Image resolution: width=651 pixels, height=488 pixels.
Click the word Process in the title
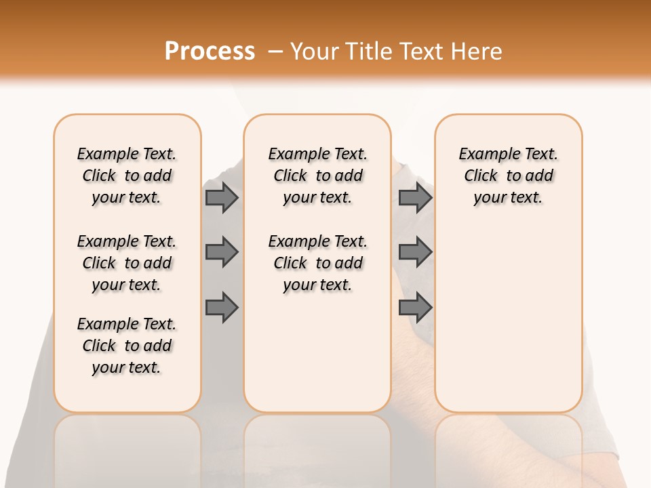pyautogui.click(x=210, y=52)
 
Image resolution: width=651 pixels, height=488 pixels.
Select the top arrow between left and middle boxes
pyautogui.click(x=222, y=197)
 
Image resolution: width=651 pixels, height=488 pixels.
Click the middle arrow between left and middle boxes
pyautogui.click(x=222, y=252)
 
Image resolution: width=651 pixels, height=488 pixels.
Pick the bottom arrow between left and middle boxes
pyautogui.click(x=222, y=307)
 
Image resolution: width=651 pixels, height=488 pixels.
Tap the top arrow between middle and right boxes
pyautogui.click(x=415, y=197)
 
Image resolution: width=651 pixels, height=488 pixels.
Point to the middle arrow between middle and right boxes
pyautogui.click(x=415, y=252)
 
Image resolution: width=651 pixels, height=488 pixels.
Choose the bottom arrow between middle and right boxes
pyautogui.click(x=415, y=307)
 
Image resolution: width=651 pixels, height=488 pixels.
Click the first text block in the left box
pyautogui.click(x=127, y=176)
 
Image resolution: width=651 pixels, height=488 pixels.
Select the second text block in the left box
pyautogui.click(x=127, y=263)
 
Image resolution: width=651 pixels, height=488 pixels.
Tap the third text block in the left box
pyautogui.click(x=127, y=346)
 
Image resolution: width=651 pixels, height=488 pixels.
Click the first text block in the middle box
pyautogui.click(x=317, y=176)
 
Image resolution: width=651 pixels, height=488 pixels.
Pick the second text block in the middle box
pyautogui.click(x=317, y=263)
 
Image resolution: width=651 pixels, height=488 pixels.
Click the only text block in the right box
pyautogui.click(x=508, y=176)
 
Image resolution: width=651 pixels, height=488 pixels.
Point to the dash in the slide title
pyautogui.click(x=275, y=52)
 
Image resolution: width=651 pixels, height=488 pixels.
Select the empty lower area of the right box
pyautogui.click(x=508, y=319)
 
